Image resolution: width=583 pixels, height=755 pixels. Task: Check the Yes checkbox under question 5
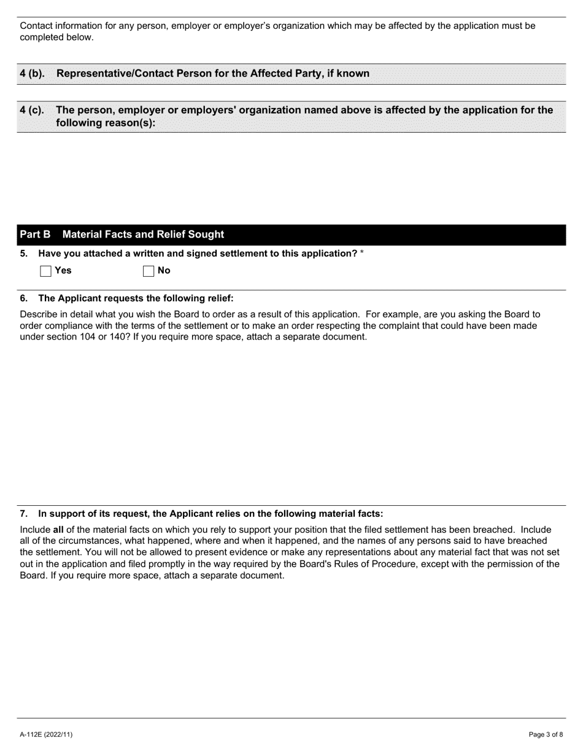click(45, 271)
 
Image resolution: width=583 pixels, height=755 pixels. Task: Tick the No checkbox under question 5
click(148, 271)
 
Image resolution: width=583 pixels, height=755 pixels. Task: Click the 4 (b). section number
click(32, 74)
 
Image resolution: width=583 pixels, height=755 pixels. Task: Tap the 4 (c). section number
click(32, 110)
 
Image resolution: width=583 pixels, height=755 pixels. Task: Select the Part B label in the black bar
click(35, 234)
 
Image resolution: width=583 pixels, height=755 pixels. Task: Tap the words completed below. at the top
click(57, 37)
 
